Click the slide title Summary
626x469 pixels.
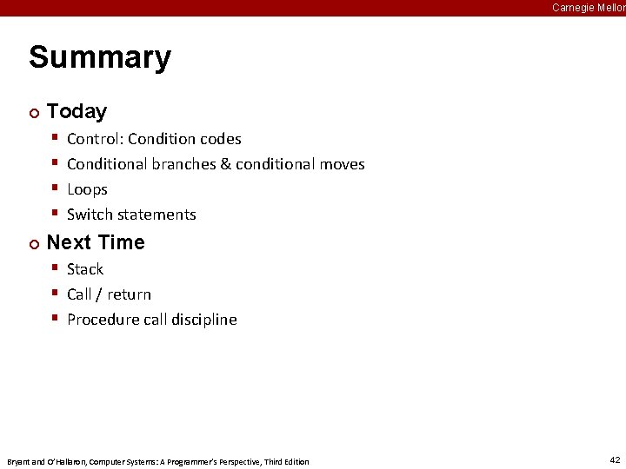click(x=100, y=58)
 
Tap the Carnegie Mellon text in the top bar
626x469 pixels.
click(x=588, y=8)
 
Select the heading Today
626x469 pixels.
click(x=77, y=111)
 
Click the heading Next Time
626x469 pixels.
click(x=96, y=242)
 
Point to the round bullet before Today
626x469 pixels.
click(x=34, y=112)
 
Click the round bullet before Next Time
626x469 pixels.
click(x=34, y=243)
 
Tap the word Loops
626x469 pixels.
click(x=87, y=189)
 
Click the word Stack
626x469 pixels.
click(x=85, y=269)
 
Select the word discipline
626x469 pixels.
click(x=203, y=320)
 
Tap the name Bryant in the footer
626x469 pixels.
click(x=18, y=461)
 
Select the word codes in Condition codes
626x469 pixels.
click(x=221, y=139)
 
